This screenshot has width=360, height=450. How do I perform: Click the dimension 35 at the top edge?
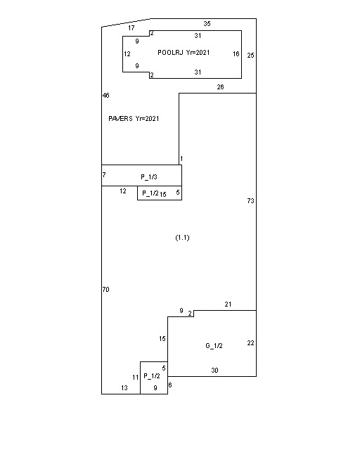207,24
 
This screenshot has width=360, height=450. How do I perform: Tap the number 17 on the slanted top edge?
131,28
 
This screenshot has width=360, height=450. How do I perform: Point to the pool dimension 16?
236,53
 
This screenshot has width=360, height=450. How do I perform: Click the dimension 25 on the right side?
251,55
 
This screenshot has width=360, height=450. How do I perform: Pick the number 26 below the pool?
221,87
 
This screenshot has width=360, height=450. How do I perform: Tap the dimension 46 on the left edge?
105,95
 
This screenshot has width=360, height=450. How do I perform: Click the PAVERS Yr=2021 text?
134,119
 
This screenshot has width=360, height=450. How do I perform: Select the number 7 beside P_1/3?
104,175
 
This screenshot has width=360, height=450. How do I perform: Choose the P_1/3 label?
149,176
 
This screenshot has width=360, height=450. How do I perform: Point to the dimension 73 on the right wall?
250,201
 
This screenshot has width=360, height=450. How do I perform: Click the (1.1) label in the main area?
182,238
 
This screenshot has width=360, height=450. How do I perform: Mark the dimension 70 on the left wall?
105,290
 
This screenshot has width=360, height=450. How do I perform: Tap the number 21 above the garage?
228,304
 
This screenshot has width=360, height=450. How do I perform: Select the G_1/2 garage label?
214,346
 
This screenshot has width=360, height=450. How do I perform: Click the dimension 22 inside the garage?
250,343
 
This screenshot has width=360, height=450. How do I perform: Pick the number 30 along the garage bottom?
214,371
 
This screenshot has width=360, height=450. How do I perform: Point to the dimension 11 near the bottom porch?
136,378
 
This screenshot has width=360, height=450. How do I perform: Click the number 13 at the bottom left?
124,388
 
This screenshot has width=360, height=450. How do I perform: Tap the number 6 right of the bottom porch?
170,385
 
